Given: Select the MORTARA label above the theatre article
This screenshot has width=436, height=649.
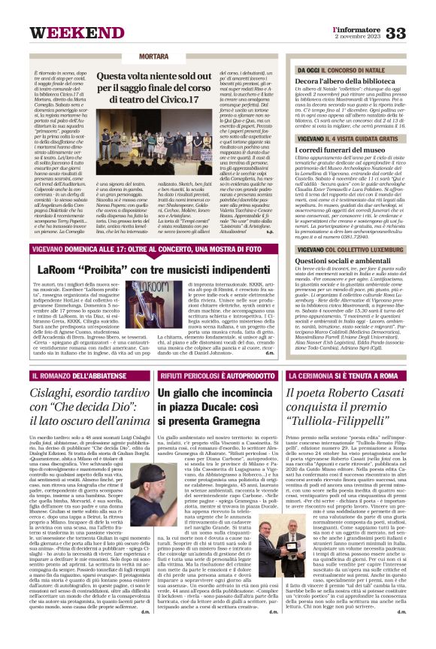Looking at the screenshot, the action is (x=153, y=57).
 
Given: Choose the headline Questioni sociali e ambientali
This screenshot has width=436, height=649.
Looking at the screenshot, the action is (x=338, y=261).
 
